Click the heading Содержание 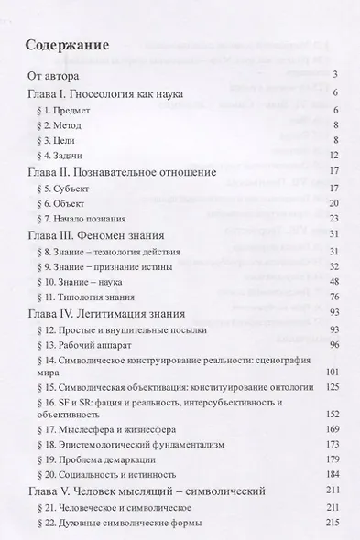(x=69, y=44)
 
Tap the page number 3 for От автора (x=337, y=75)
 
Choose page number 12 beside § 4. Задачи (x=334, y=156)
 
